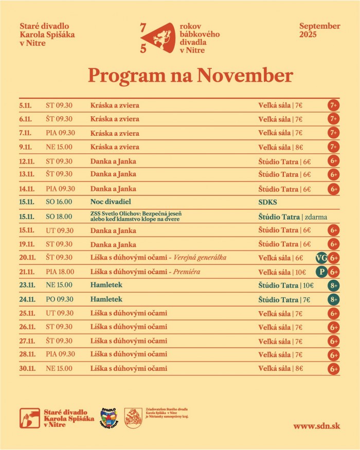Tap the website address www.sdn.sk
point(316,426)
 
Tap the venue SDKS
point(267,202)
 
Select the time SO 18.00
point(59,217)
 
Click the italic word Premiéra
point(187,272)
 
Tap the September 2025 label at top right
point(319,30)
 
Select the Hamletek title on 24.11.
point(106,299)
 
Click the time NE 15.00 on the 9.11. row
point(59,147)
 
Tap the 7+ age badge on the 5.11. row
point(333,105)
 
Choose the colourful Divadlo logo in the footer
point(109,417)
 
